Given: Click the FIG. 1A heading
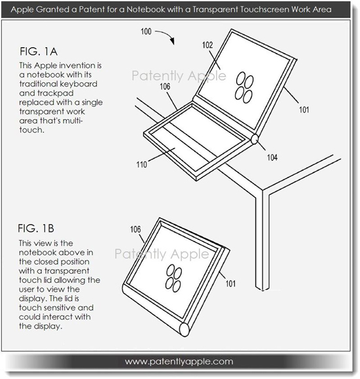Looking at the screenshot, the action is click(x=39, y=52).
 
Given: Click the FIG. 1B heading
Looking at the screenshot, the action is click(x=36, y=228).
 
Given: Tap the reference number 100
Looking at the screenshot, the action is click(x=146, y=31).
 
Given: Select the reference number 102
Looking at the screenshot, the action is click(x=207, y=45).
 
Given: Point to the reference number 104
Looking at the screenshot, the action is click(x=272, y=158).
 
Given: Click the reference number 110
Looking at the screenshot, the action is click(x=141, y=164).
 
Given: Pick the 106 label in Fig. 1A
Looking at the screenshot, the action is click(x=165, y=86).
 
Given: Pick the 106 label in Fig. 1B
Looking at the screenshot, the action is click(x=135, y=229).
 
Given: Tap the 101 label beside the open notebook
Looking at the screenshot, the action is click(x=304, y=110).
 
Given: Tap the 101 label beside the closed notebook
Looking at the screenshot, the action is click(x=230, y=283).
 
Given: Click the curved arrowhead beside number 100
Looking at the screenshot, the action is click(x=171, y=41).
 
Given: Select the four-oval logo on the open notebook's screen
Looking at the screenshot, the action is click(x=244, y=88).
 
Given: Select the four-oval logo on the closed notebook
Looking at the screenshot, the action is click(x=173, y=278).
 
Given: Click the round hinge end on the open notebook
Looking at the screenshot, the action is click(x=255, y=139).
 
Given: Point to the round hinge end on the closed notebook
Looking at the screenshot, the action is click(x=184, y=329).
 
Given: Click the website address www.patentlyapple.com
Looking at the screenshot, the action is click(x=179, y=361).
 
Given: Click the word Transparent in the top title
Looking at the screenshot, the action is click(x=215, y=10).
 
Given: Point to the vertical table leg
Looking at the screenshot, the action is click(x=262, y=240).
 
